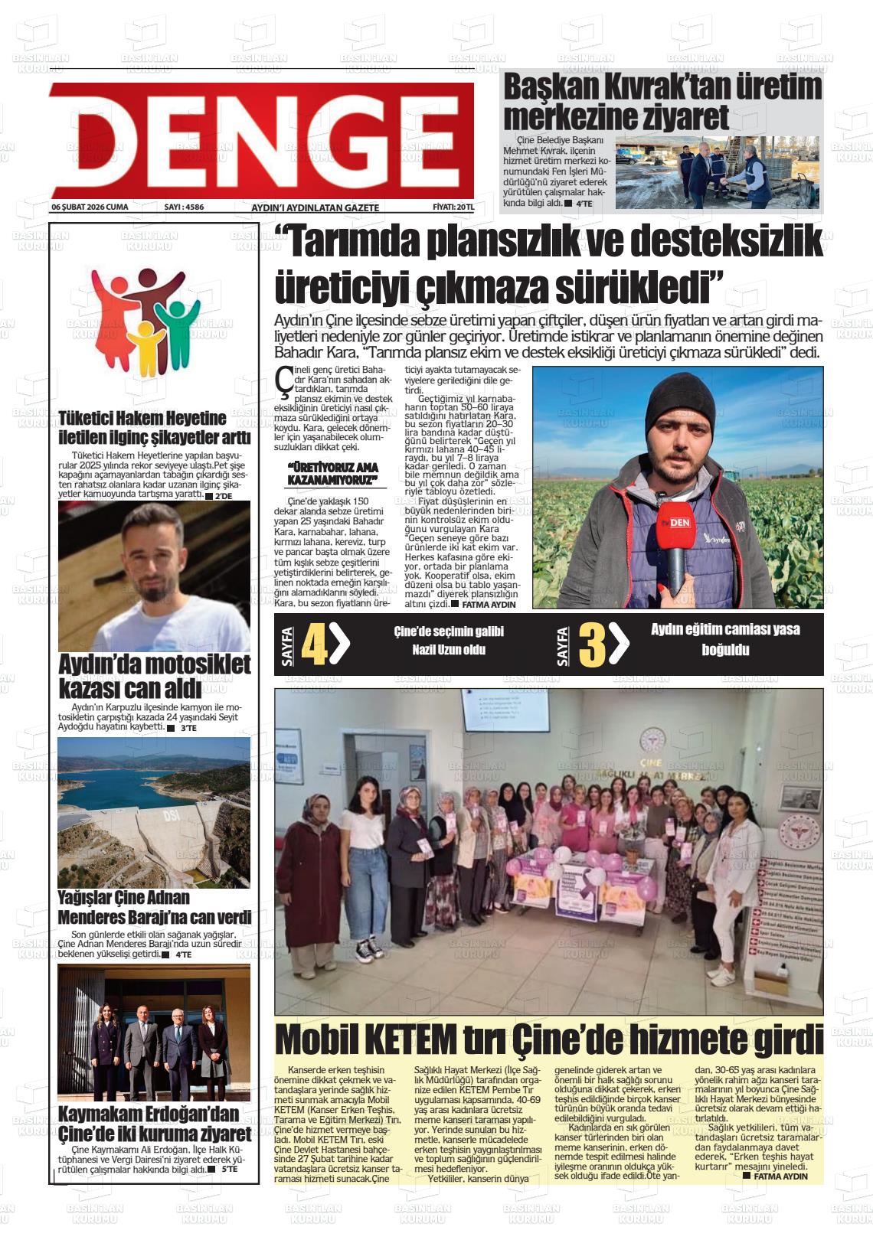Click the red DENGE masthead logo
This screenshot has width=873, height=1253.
tap(260, 140)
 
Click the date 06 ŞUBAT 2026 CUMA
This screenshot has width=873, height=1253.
tap(90, 207)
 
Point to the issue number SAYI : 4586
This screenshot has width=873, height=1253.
tap(184, 207)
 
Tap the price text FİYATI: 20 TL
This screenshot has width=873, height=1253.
tap(453, 207)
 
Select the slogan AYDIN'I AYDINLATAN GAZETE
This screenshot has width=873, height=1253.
tap(315, 207)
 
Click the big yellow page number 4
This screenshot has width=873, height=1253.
tap(315, 645)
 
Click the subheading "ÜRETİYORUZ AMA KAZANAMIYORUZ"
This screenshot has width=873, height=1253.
tap(332, 474)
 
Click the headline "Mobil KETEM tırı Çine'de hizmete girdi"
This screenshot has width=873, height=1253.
tap(548, 1040)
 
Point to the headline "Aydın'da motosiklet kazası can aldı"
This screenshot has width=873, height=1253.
tap(154, 676)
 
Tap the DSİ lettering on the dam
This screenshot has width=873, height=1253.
tap(170, 817)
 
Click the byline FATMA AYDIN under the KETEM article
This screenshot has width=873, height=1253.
tap(780, 1176)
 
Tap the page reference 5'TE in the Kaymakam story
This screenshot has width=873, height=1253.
tap(230, 1170)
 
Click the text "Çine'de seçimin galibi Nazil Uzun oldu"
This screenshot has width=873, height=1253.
tap(449, 641)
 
